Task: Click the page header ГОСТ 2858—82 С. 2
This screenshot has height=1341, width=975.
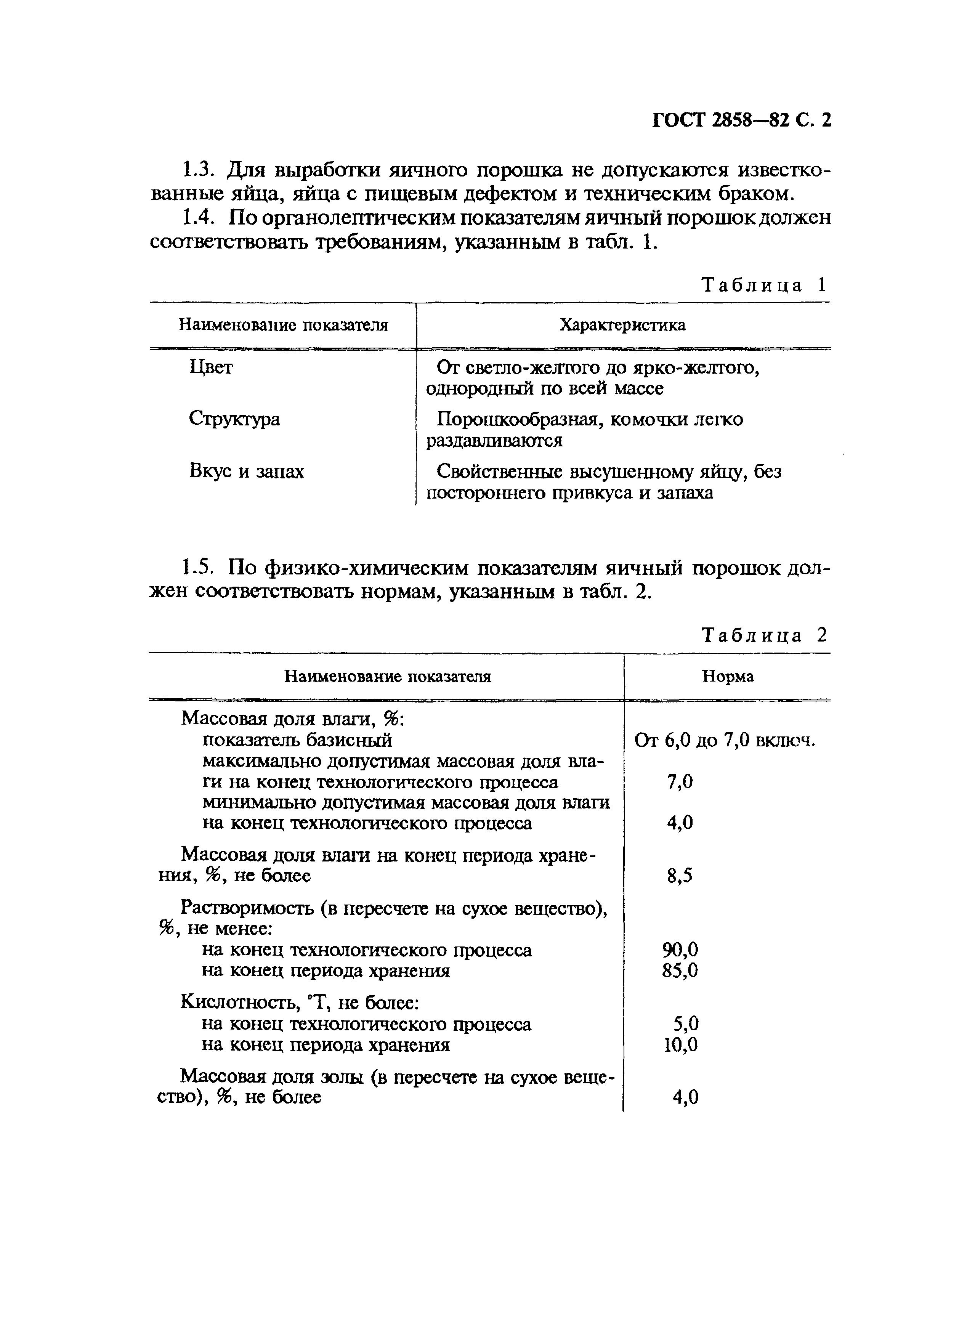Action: point(741,120)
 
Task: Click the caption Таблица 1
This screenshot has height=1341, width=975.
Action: point(763,285)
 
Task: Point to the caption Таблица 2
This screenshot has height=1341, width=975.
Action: point(763,635)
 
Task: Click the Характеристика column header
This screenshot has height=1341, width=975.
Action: point(622,325)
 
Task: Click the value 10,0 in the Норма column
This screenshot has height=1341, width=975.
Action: point(680,1045)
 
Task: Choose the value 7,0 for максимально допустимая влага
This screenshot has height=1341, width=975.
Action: point(679,782)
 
